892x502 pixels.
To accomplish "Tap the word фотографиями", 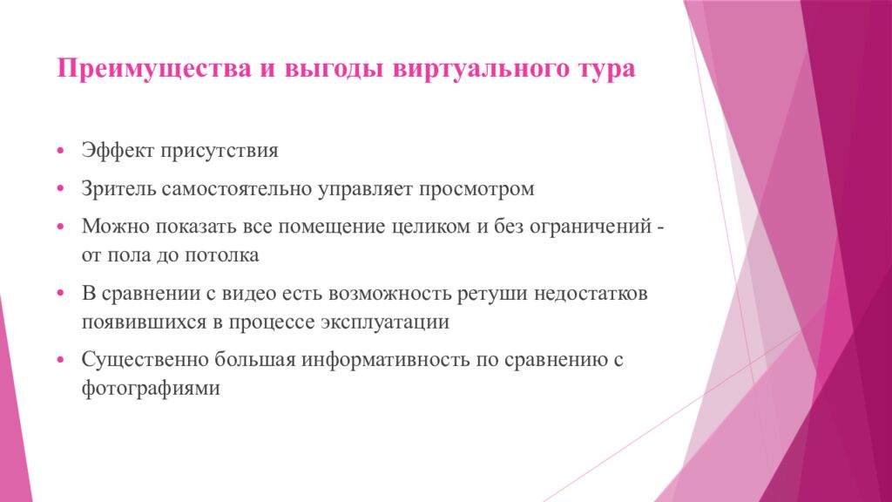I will (150, 389).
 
